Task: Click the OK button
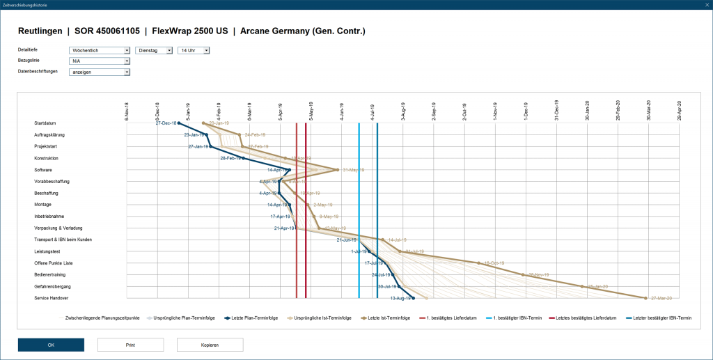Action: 51,345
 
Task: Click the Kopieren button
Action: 210,345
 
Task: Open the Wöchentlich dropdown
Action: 100,50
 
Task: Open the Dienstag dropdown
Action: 154,50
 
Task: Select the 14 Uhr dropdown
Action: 194,50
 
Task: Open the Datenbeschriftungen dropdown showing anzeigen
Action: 100,72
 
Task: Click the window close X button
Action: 705,5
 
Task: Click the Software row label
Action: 43,170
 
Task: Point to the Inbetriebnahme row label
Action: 49,217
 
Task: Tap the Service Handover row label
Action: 50,298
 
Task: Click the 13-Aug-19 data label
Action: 400,298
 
